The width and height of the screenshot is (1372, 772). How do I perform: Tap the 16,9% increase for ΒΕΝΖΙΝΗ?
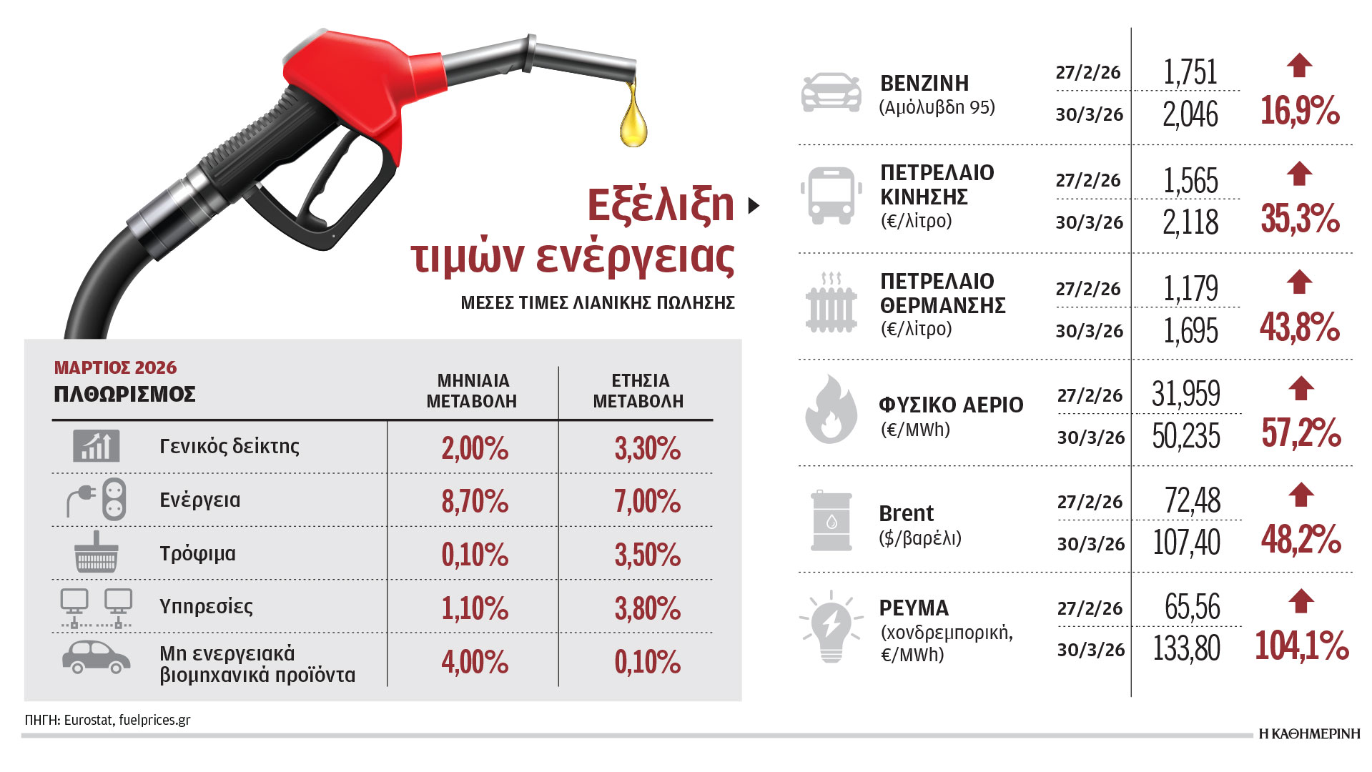[x=1300, y=111]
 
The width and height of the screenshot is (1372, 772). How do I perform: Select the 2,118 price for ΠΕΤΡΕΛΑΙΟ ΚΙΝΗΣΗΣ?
[x=1190, y=222]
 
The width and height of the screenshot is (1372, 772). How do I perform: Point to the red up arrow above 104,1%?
[x=1301, y=601]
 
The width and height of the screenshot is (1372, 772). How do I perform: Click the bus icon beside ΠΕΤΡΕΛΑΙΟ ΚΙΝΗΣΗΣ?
[x=830, y=195]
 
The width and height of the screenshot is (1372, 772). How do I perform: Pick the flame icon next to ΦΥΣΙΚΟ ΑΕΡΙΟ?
[x=831, y=409]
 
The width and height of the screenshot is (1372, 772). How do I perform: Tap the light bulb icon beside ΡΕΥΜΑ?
[x=831, y=627]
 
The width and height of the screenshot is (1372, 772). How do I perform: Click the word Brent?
[x=906, y=513]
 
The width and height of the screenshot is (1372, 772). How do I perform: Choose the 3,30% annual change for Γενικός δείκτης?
[x=647, y=448]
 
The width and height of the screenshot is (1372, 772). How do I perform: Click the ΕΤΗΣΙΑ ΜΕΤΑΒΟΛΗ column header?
[x=638, y=391]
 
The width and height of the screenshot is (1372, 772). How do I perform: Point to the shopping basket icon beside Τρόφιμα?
[x=97, y=552]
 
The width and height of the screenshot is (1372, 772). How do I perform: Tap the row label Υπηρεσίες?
[x=206, y=607]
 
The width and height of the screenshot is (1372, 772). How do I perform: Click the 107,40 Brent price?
[x=1186, y=543]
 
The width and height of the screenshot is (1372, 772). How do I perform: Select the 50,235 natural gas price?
[x=1186, y=436]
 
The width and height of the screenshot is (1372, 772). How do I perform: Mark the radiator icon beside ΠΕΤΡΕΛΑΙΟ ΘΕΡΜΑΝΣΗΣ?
[x=831, y=302]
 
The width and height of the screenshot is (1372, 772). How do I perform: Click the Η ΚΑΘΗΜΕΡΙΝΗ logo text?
[x=1309, y=733]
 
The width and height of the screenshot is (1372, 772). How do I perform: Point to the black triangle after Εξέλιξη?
[x=754, y=206]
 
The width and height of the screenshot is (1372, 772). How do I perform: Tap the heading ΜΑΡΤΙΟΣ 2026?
[x=115, y=367]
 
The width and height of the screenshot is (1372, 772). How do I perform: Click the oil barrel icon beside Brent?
[x=831, y=521]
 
